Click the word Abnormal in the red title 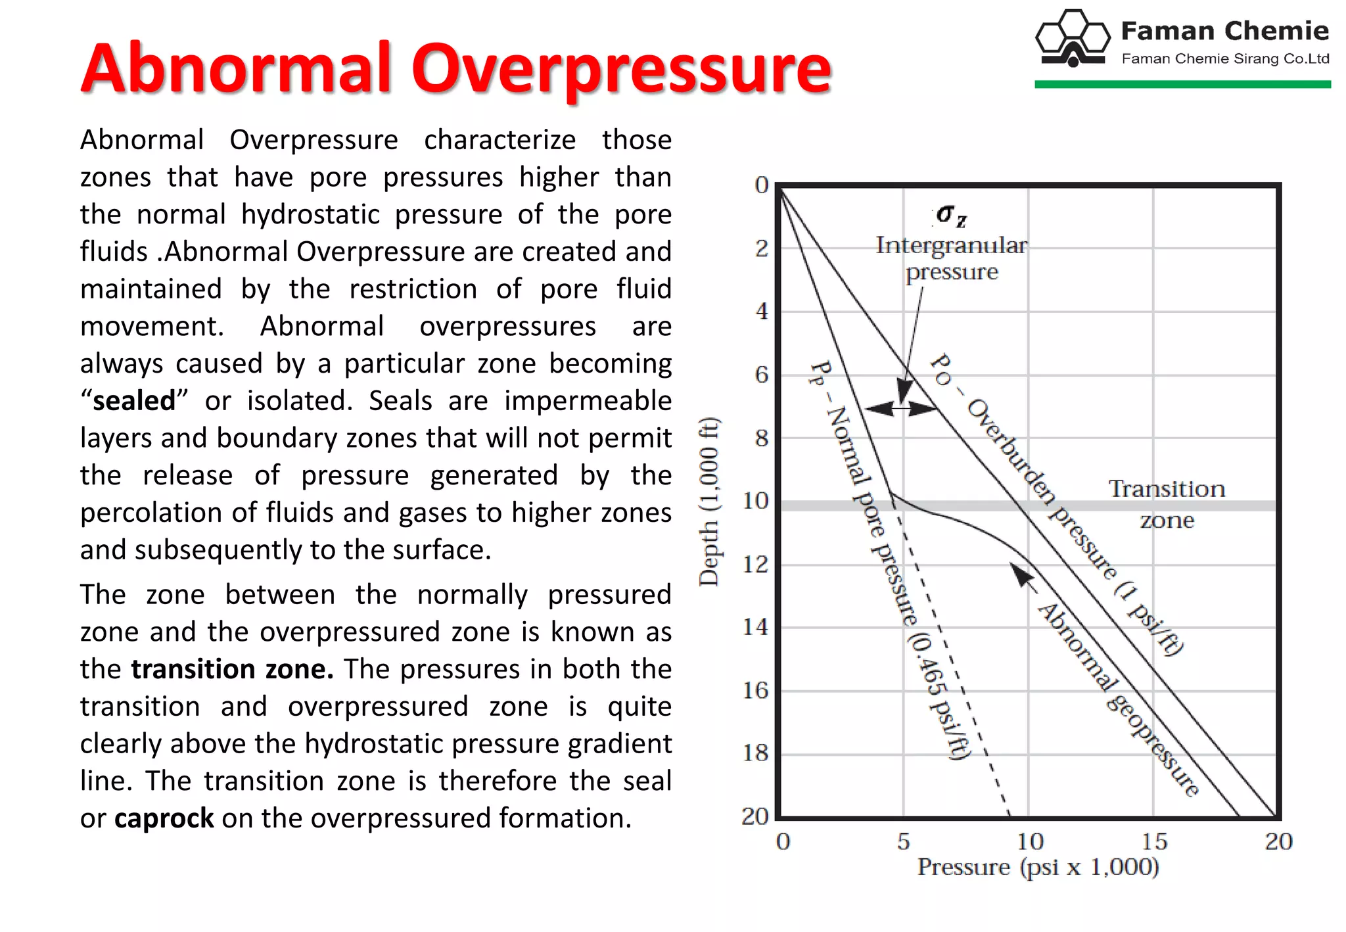[x=237, y=68]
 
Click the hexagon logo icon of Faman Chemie [x=1073, y=38]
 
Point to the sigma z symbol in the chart [x=951, y=215]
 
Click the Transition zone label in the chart [x=1167, y=504]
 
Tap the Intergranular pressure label [x=951, y=258]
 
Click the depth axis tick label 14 [x=755, y=627]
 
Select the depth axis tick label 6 [x=761, y=375]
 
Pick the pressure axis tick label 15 [x=1153, y=841]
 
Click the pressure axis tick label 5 [x=904, y=841]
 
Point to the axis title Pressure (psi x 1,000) [x=1038, y=867]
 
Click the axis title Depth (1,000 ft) [x=709, y=501]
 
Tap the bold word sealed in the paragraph [x=134, y=401]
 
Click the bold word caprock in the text [x=164, y=818]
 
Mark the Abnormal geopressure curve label [x=1117, y=700]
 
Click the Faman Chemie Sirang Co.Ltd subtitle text [x=1225, y=58]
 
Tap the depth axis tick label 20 [x=755, y=816]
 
